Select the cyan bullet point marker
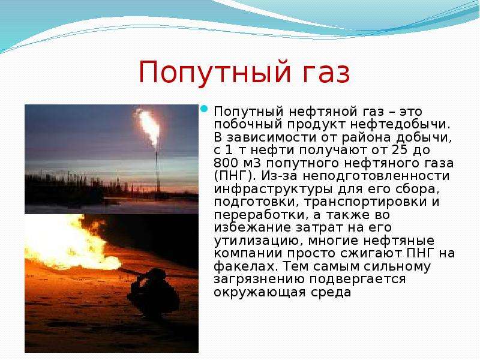point(205,109)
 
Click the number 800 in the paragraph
point(227,163)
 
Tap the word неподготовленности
point(377,176)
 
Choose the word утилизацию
point(259,241)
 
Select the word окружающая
point(260,292)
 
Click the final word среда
point(331,292)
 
